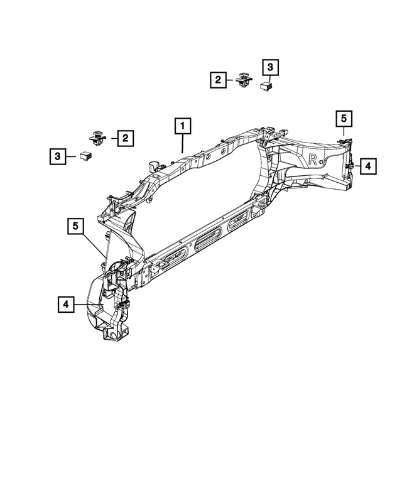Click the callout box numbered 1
click(182, 127)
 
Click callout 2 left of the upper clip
click(218, 80)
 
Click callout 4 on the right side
click(368, 166)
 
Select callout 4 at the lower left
click(66, 305)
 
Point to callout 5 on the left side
click(75, 225)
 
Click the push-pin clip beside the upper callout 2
click(243, 81)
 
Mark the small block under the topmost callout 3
click(266, 85)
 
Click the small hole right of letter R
click(322, 162)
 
